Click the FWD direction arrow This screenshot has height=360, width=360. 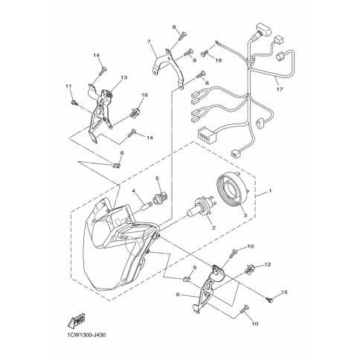pos(76,321)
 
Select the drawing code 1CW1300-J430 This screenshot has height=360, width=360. pos(86,335)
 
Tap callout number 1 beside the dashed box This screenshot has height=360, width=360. pos(270,191)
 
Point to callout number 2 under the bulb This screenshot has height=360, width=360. pos(213,227)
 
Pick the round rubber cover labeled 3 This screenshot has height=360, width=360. pos(233,190)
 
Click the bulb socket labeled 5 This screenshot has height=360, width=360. pos(158,198)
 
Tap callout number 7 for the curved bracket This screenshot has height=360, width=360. pos(149,42)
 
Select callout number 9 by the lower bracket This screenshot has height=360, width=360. pos(178,295)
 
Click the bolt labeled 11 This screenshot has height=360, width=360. pos(74,103)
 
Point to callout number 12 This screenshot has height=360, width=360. pos(267,265)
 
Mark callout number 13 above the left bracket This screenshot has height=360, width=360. pos(124,77)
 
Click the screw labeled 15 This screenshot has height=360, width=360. pos(269,300)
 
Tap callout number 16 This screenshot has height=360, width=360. pos(144,95)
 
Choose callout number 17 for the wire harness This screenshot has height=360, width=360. pos(280,89)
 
